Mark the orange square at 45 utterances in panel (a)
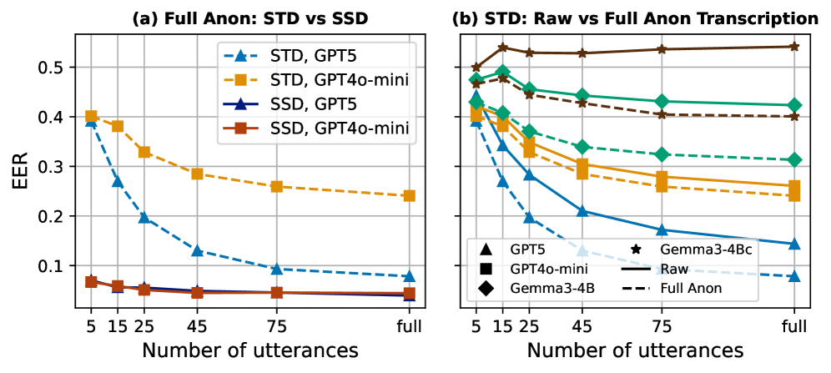198,174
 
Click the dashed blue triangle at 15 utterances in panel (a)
118,181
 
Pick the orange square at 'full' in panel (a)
409,196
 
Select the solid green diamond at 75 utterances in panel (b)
662,101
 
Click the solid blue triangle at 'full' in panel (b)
794,244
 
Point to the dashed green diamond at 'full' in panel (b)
794,159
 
